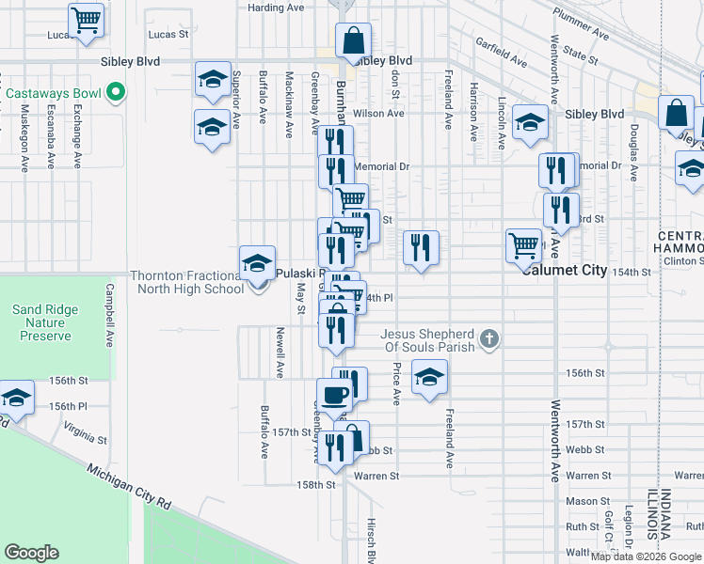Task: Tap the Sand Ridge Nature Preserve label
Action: (x=41, y=322)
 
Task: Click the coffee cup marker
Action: (x=334, y=396)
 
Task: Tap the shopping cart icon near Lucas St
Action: (x=87, y=21)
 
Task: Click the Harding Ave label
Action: (x=276, y=8)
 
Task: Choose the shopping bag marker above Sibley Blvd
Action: (x=353, y=42)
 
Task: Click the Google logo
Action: (x=32, y=552)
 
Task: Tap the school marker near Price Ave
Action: (x=429, y=379)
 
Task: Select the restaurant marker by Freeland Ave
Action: (x=421, y=248)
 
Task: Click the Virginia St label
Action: (x=86, y=431)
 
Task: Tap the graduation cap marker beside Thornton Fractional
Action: (x=256, y=266)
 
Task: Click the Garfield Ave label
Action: (x=502, y=54)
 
